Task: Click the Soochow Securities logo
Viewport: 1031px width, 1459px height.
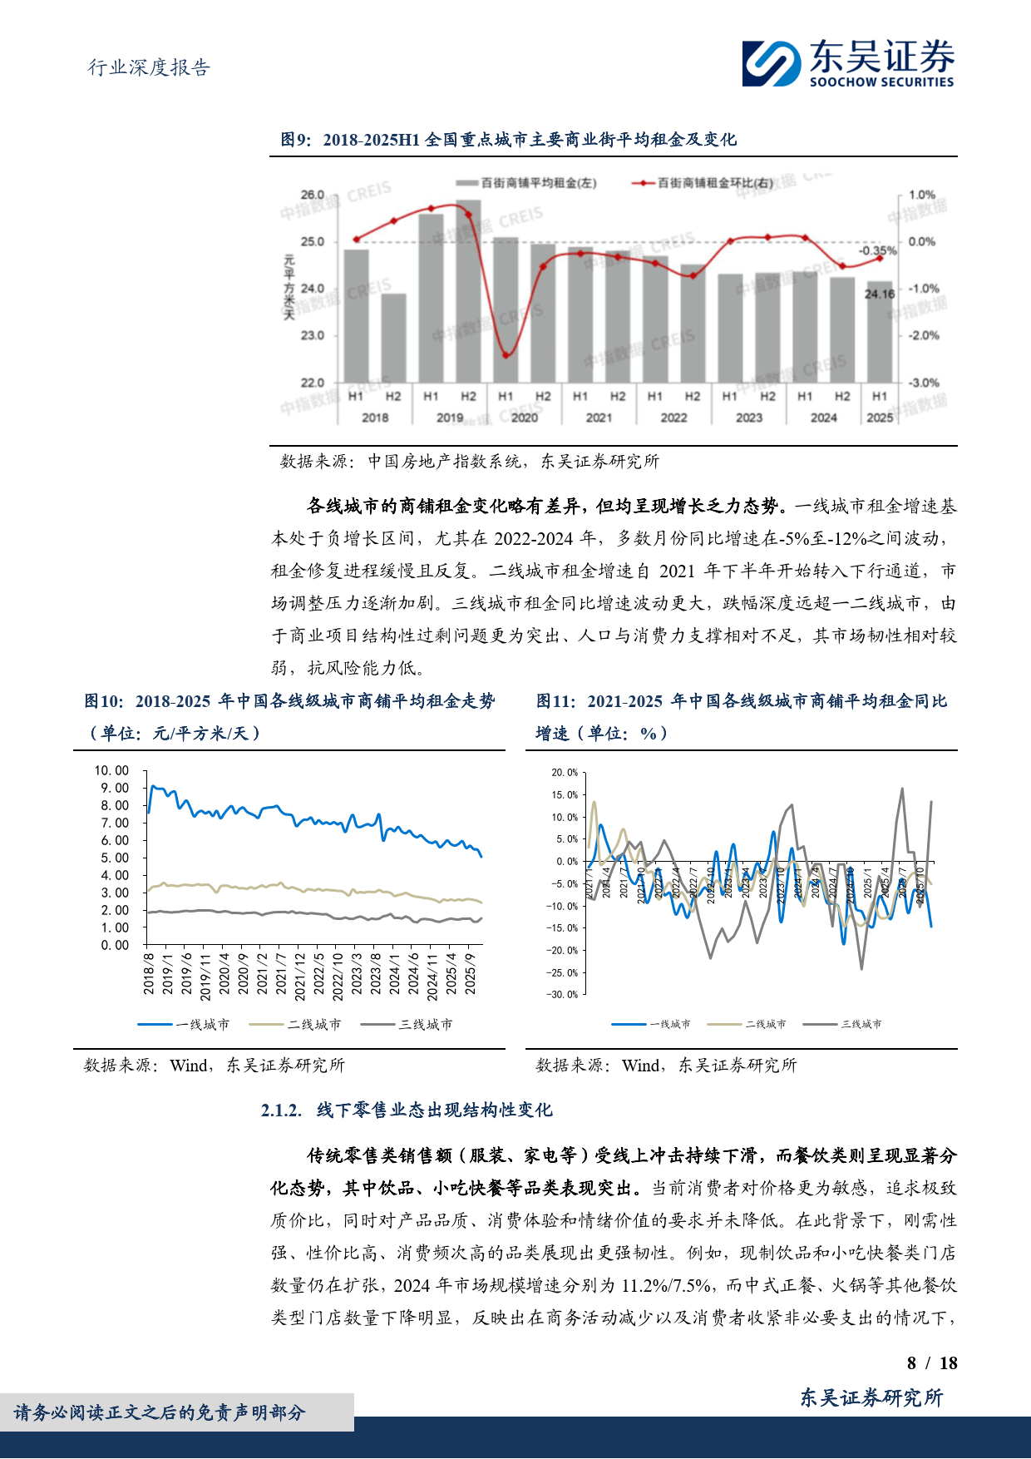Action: point(848,63)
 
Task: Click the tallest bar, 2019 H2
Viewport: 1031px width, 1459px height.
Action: point(468,291)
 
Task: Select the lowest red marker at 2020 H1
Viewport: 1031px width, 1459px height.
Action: point(506,355)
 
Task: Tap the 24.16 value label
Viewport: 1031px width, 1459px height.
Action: point(880,294)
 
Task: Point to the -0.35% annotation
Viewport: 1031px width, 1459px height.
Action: point(877,250)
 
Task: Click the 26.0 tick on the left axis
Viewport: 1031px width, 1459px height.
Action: point(313,195)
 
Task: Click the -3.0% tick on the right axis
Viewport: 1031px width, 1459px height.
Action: point(923,383)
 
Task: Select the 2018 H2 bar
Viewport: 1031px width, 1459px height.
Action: point(393,338)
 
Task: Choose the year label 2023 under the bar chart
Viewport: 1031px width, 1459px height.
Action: point(748,418)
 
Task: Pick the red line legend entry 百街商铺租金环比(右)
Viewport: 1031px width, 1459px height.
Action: point(705,182)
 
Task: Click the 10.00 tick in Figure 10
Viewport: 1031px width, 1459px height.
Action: point(111,770)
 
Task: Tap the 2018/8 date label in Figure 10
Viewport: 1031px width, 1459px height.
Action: point(149,973)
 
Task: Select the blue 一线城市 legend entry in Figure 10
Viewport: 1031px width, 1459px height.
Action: point(184,1024)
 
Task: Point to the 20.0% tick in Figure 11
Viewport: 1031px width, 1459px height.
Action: point(565,773)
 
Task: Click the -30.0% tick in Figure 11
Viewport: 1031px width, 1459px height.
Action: point(562,995)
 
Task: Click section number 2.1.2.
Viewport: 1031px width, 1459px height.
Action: point(280,1110)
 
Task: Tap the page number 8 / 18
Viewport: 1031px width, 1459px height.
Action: point(932,1363)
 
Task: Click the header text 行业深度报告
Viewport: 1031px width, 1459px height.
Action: point(150,67)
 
